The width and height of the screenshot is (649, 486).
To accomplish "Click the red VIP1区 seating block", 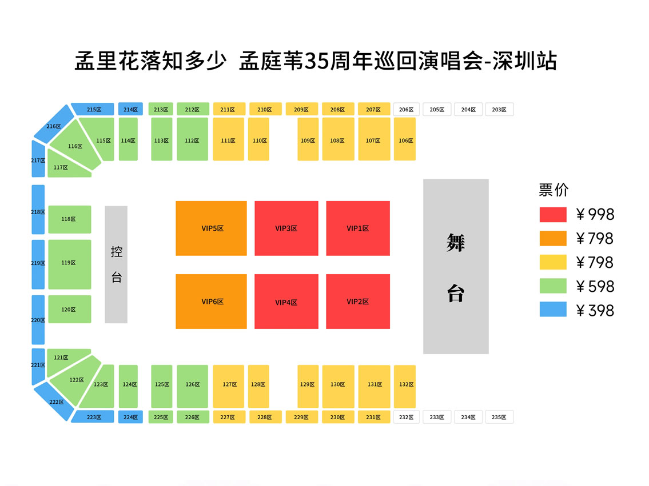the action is coord(358,228).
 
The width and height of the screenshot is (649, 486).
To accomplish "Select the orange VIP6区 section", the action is coord(211,302).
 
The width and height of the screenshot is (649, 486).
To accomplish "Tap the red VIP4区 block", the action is coord(286,302).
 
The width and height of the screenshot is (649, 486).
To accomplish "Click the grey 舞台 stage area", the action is coord(456,266).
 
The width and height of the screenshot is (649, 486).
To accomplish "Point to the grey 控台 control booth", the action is coord(116,264).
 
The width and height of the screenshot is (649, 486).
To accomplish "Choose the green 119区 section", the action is coord(70,264).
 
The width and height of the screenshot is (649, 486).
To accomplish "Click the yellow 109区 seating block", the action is coord(308,139).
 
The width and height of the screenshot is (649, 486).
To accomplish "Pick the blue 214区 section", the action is coord(130,109).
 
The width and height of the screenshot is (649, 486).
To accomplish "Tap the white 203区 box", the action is coord(499,109).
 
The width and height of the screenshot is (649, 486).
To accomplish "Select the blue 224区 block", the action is coord(130,417).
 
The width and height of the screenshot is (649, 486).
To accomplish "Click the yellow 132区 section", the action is coord(405,387).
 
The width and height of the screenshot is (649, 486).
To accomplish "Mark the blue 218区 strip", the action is coord(38,210).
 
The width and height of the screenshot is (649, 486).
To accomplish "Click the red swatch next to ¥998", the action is coord(553,215).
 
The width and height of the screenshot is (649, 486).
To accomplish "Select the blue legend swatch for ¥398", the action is coord(553,309).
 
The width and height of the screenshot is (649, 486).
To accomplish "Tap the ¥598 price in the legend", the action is coord(595,286).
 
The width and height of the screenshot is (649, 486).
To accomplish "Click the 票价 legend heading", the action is coord(554,190).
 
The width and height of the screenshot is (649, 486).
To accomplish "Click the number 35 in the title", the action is coord(317,61).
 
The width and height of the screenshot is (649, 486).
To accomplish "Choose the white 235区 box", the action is coord(499,417).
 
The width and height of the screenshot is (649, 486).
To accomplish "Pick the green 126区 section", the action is coord(193,387).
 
